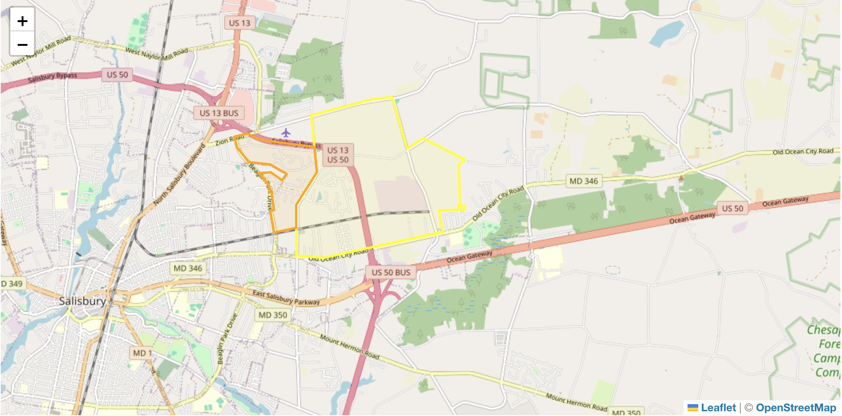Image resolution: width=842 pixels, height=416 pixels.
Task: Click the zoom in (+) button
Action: [23, 21]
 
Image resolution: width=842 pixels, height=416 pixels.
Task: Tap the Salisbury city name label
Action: [82, 301]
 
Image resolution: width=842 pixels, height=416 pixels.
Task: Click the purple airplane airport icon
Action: [286, 132]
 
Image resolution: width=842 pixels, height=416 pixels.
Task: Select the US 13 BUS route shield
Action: [219, 113]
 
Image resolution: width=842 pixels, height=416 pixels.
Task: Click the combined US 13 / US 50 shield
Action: [337, 155]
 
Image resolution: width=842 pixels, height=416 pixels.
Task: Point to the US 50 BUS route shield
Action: [391, 273]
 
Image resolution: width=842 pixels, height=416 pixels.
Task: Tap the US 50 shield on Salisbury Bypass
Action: [117, 75]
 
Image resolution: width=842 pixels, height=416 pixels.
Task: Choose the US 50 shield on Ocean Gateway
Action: [732, 208]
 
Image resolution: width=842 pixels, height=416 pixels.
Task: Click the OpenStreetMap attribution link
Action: [796, 408]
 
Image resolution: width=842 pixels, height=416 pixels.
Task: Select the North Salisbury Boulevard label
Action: [179, 175]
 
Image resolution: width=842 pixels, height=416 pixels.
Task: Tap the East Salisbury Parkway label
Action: [286, 298]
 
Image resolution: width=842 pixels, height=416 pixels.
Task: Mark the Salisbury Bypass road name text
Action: [52, 77]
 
